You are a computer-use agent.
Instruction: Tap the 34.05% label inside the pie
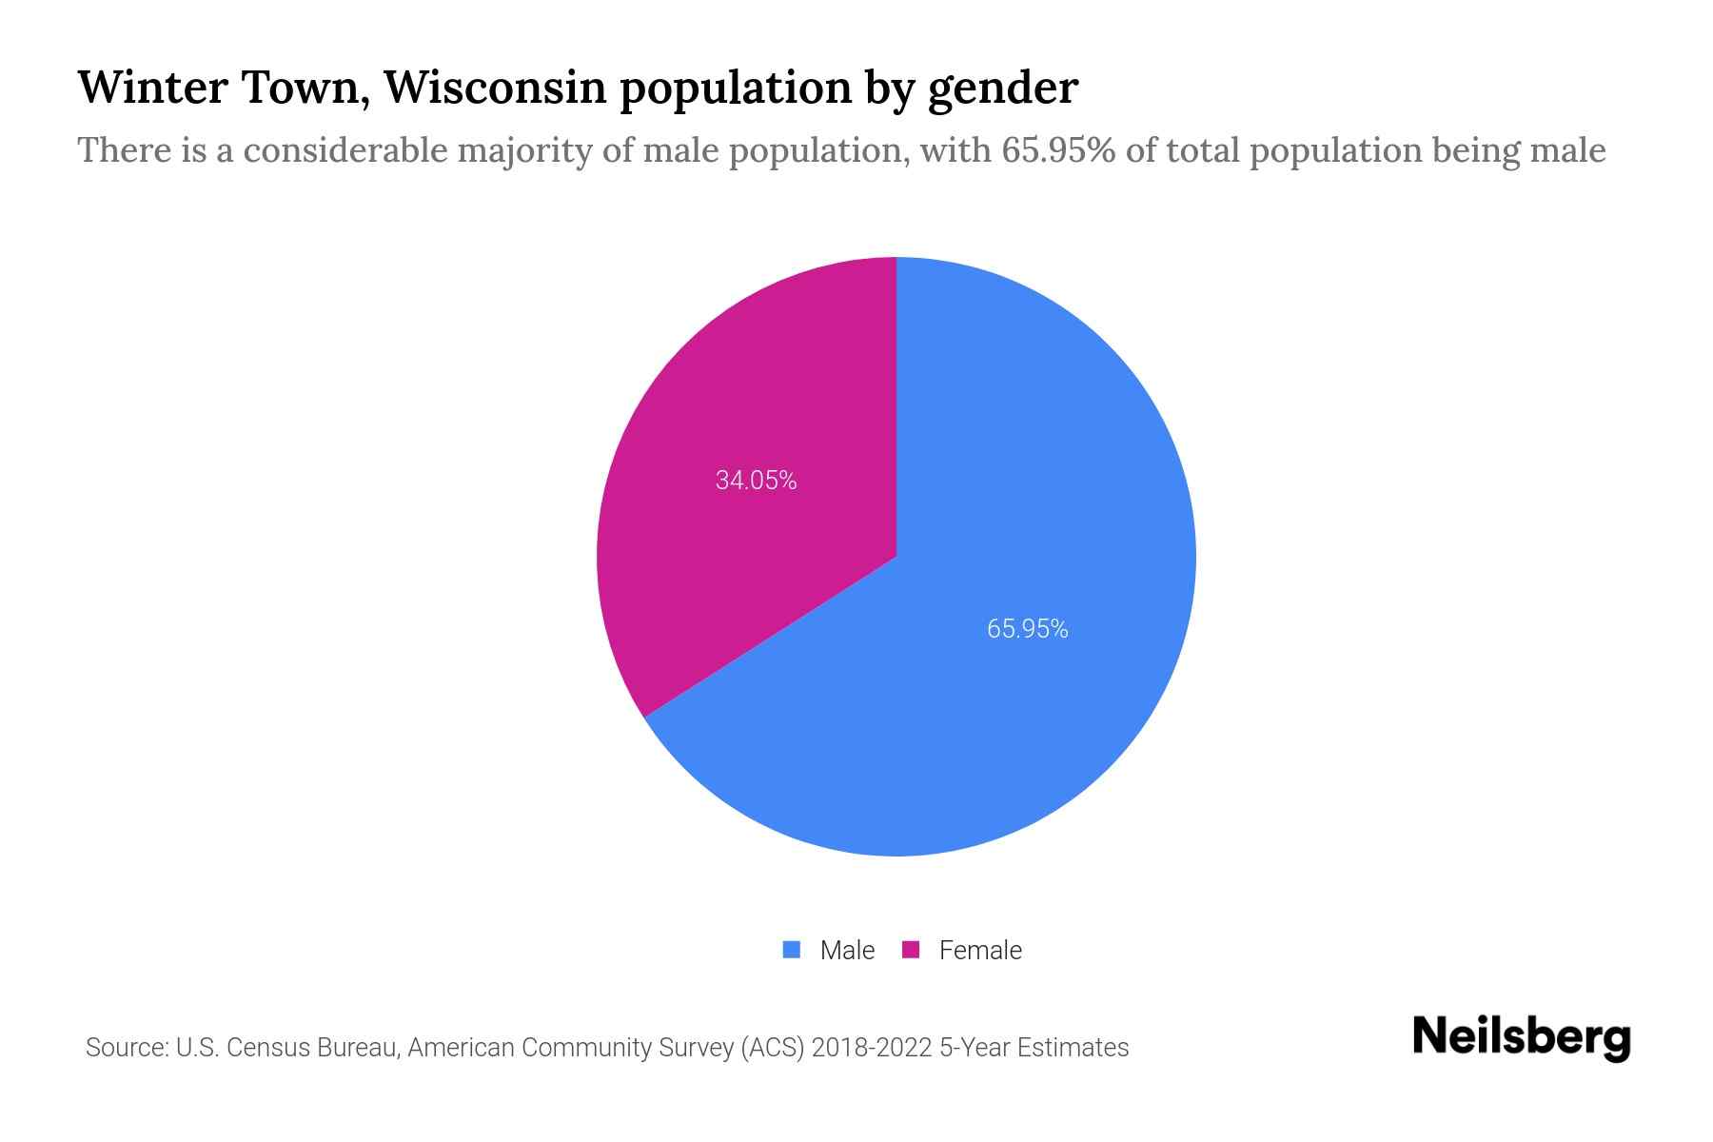[756, 481]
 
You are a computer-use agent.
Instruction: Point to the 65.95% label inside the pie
[1027, 629]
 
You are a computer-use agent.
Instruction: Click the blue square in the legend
[791, 950]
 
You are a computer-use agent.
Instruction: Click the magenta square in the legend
[911, 950]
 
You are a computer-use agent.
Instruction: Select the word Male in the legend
[847, 950]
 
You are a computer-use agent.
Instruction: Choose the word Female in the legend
[980, 950]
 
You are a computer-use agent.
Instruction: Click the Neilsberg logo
[1521, 1037]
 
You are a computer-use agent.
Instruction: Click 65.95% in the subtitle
[1057, 150]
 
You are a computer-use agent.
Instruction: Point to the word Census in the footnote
[267, 1048]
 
